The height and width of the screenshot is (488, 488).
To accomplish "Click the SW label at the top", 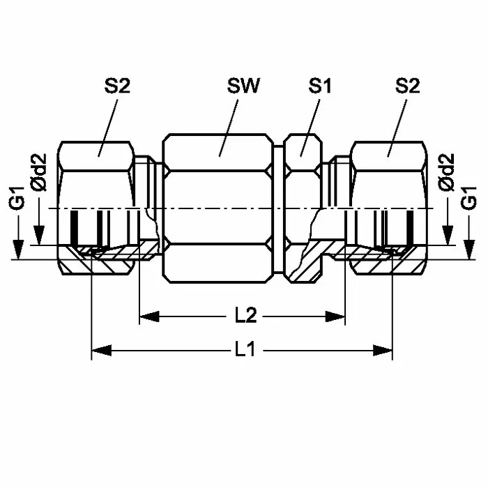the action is tap(243, 86).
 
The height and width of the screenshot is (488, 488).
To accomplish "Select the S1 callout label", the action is tap(319, 86).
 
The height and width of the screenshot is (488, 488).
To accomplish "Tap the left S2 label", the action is tap(117, 86).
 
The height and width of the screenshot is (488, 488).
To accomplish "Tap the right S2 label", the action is tap(407, 86).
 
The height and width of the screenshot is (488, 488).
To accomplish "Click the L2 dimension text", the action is tap(245, 316).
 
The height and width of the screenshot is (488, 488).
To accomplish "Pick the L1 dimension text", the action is tap(245, 349).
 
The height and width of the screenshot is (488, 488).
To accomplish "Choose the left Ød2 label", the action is tap(39, 172).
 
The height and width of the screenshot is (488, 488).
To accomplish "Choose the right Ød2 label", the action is tap(446, 172).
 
